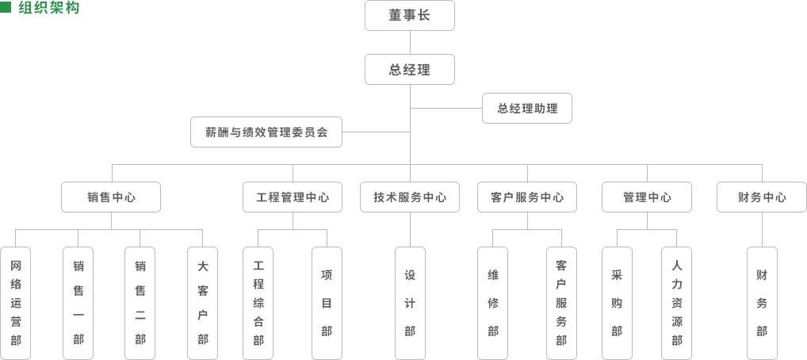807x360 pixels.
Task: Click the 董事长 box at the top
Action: pos(410,15)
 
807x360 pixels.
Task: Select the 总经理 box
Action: pos(410,69)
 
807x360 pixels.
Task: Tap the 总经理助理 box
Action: pos(527,109)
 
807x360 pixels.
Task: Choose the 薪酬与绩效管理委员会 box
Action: pos(266,132)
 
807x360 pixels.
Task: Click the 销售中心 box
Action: pos(111,197)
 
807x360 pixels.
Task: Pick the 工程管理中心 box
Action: pos(293,197)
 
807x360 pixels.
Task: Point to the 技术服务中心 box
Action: pos(410,197)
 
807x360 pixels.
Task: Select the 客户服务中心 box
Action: pos(527,197)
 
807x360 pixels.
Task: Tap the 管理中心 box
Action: pos(647,197)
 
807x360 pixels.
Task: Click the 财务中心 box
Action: pos(762,197)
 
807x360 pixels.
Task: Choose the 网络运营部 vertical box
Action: pos(16,303)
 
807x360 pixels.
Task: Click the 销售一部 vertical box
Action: pos(78,303)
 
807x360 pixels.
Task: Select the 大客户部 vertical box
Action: pos(203,303)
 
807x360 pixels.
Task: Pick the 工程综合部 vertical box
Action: pos(258,303)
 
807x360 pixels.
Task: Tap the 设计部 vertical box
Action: pos(410,303)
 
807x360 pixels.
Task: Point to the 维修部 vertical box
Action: pos(493,303)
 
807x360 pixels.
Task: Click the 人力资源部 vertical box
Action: pos(676,303)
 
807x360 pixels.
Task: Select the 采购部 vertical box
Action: pos(617,303)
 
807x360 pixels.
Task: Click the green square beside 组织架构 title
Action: pos(6,7)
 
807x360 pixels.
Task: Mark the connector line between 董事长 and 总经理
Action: pos(410,42)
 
